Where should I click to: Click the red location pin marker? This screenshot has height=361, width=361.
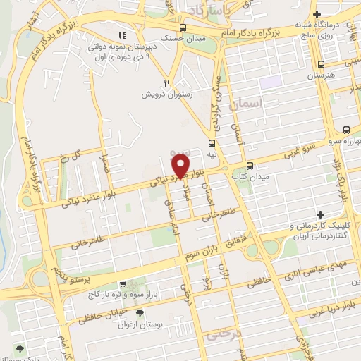pyautogui.click(x=180, y=166)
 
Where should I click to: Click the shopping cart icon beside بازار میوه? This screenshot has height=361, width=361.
pyautogui.click(x=123, y=284)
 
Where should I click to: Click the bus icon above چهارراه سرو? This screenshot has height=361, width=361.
pyautogui.click(x=345, y=130)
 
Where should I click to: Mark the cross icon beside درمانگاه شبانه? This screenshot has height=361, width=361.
pyautogui.click(x=318, y=13)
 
